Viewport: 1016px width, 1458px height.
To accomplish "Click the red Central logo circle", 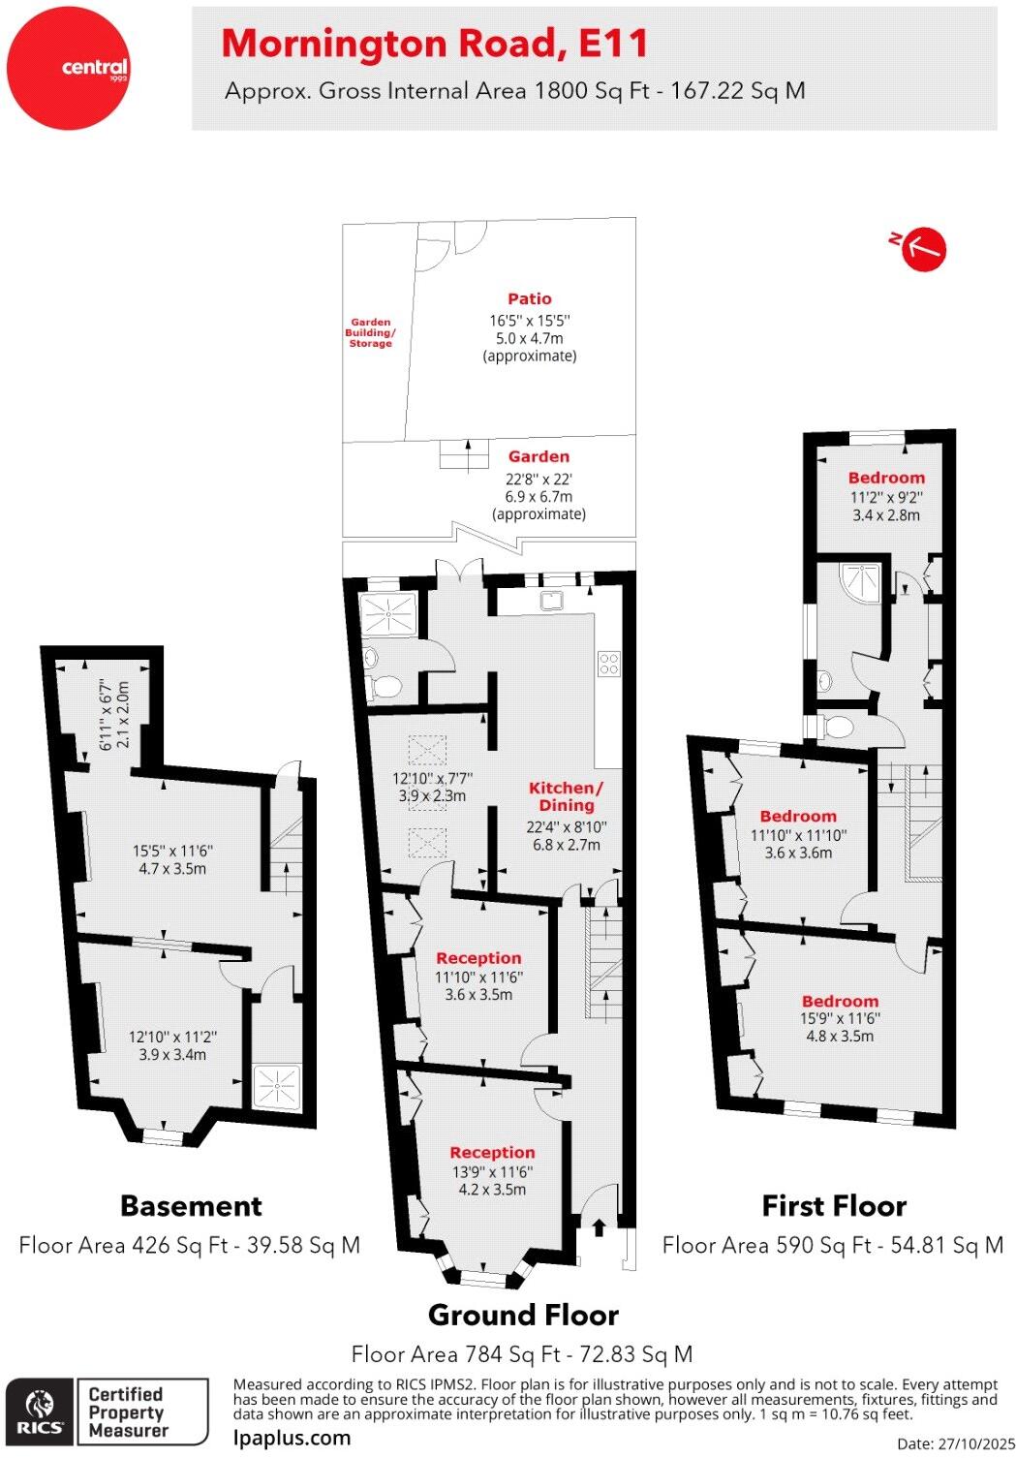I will pos(68,68).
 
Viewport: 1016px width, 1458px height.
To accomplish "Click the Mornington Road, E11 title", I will pos(434,44).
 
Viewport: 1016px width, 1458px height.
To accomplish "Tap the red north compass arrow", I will pos(922,249).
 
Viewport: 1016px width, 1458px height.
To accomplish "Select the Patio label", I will pos(530,299).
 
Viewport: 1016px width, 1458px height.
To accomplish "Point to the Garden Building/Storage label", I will pos(371,332).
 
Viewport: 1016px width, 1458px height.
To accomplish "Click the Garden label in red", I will pos(539,456).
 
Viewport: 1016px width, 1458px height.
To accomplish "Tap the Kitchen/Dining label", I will pos(566,796).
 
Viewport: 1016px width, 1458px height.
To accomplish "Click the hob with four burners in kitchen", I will pos(609,664).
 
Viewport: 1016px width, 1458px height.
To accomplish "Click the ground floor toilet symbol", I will pos(385,687).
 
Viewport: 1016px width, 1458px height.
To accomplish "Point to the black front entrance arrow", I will pos(599,1226).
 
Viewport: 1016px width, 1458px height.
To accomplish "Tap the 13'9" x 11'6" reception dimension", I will pos(492,1171).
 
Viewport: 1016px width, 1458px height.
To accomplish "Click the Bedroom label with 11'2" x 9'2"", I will pos(886,478).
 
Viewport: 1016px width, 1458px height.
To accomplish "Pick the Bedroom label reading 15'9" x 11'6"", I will pos(840,1002).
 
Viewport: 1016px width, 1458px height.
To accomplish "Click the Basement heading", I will pos(191,1206).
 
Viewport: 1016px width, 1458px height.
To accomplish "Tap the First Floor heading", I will pos(834,1206).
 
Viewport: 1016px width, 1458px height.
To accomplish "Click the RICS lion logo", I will pos(40,1411).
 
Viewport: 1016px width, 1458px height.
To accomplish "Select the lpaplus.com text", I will pos(292,1438).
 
